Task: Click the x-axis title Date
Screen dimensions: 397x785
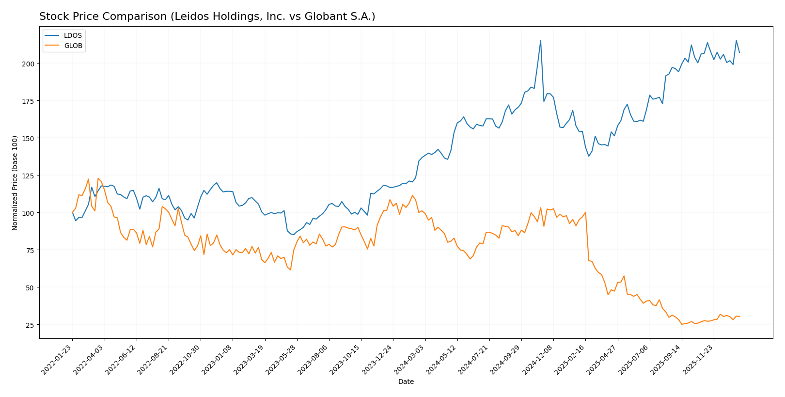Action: (x=406, y=382)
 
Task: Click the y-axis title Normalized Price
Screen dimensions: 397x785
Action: (x=15, y=183)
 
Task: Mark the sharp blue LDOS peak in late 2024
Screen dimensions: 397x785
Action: (x=541, y=40)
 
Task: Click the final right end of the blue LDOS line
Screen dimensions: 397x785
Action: (x=739, y=52)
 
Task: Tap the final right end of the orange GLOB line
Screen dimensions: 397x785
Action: (x=739, y=317)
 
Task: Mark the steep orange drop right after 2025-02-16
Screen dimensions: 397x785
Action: (x=587, y=238)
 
